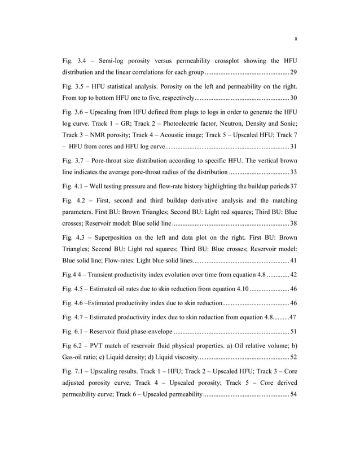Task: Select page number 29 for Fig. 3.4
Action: point(293,73)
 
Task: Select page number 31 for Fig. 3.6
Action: point(293,148)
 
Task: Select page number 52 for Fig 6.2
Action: point(293,358)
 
